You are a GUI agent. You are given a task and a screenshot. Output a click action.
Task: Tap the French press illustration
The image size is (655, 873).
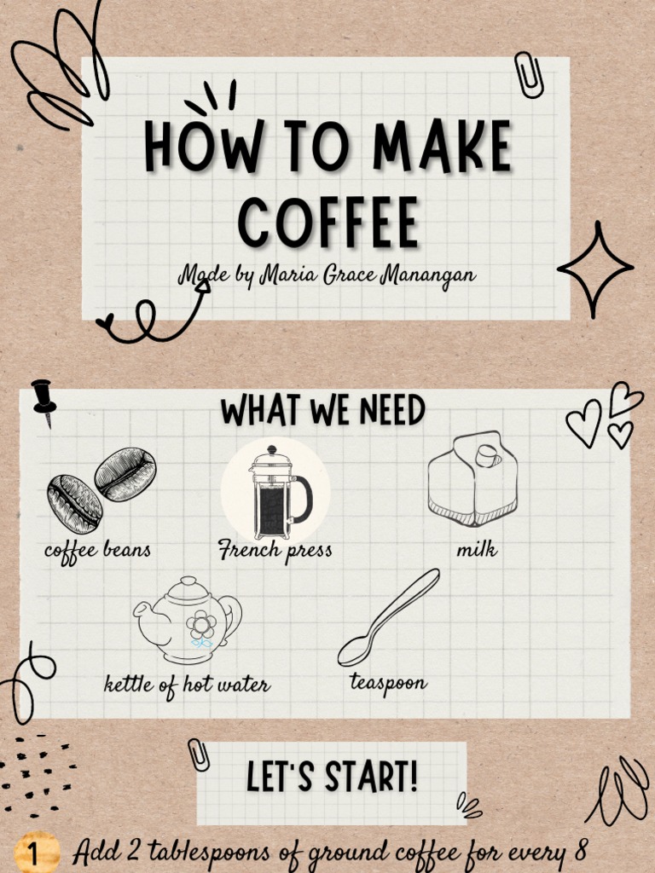(275, 492)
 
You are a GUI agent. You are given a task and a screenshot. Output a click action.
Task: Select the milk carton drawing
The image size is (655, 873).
(472, 479)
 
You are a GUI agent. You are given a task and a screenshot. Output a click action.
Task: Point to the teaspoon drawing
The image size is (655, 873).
(388, 617)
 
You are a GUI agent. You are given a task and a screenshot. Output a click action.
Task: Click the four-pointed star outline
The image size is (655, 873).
(595, 269)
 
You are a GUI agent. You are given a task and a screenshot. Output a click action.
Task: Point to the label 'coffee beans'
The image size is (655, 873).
(97, 551)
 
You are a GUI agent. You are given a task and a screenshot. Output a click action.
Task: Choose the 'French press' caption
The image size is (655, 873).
(275, 550)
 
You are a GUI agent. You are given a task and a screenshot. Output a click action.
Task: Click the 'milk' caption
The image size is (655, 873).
(477, 550)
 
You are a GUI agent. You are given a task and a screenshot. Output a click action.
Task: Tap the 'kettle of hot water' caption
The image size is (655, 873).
(187, 685)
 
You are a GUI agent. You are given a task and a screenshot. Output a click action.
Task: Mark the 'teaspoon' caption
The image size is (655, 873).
(388, 683)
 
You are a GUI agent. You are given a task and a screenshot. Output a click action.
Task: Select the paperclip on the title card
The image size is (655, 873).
(529, 75)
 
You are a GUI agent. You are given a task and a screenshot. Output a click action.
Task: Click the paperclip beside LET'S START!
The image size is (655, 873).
(199, 754)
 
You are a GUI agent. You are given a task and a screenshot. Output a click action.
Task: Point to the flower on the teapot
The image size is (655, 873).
(201, 625)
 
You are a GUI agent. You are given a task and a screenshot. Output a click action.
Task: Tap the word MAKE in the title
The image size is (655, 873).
(442, 147)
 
